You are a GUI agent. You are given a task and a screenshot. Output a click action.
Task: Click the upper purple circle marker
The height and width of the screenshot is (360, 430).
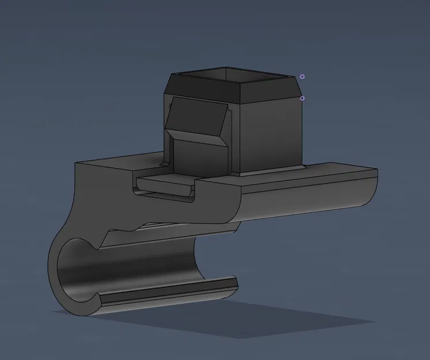coord(302,77)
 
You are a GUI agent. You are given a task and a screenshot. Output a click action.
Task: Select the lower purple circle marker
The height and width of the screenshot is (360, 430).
coord(302,98)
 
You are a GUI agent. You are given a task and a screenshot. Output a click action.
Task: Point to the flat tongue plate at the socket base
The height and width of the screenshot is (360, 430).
coord(167,183)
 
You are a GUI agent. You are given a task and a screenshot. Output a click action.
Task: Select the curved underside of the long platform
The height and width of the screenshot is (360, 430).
coord(305,207)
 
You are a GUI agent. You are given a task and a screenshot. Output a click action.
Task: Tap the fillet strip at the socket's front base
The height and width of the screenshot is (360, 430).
coord(271,170)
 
